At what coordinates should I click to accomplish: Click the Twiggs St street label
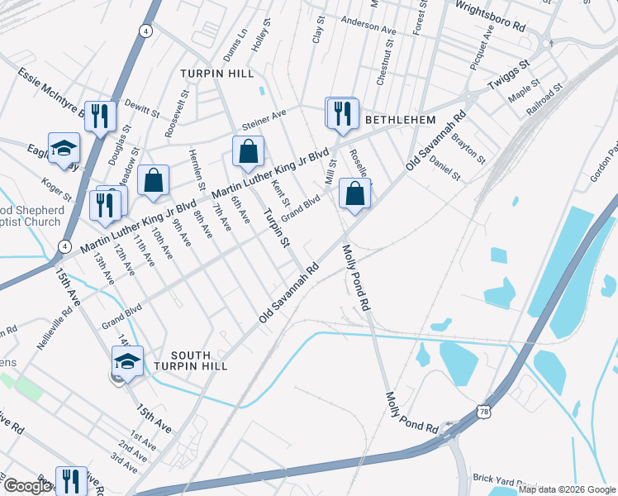[x=508, y=73]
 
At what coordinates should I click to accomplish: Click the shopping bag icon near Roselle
[x=354, y=194]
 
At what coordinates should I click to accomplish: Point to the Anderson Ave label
[x=368, y=25]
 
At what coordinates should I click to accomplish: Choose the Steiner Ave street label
[x=264, y=120]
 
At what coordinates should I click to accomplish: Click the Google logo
[x=26, y=486]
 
